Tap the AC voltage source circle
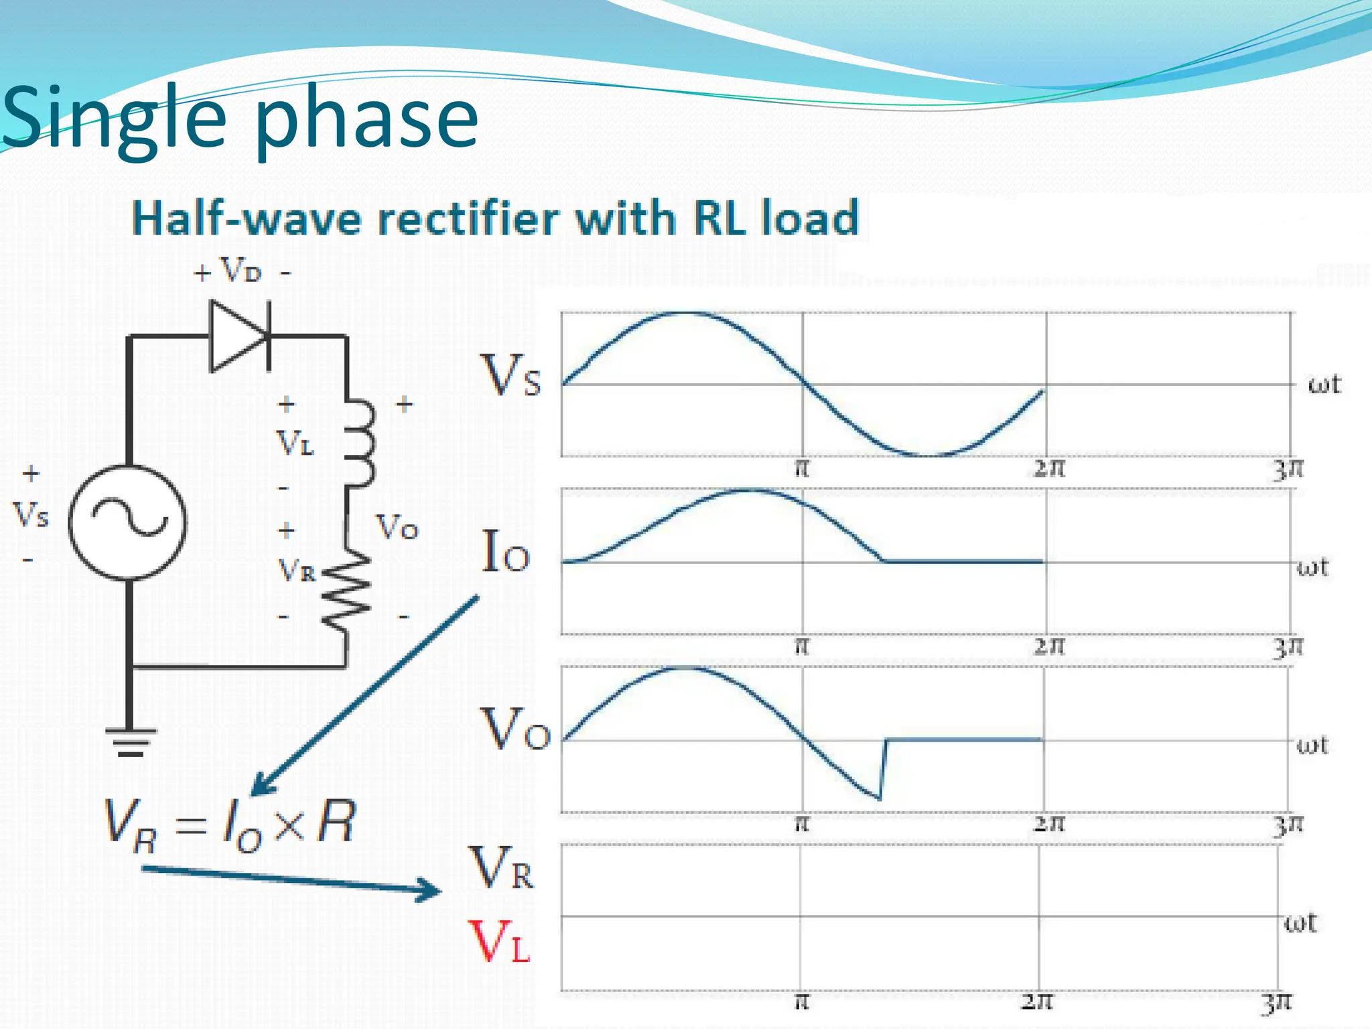coord(127,522)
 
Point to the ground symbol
coord(131,741)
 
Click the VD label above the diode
coord(240,271)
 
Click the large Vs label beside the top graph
coord(510,375)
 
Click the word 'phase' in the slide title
coord(366,119)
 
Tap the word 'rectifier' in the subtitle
coord(469,218)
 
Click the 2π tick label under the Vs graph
coord(1048,468)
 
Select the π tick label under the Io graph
coord(802,646)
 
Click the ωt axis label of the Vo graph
coord(1312,745)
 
